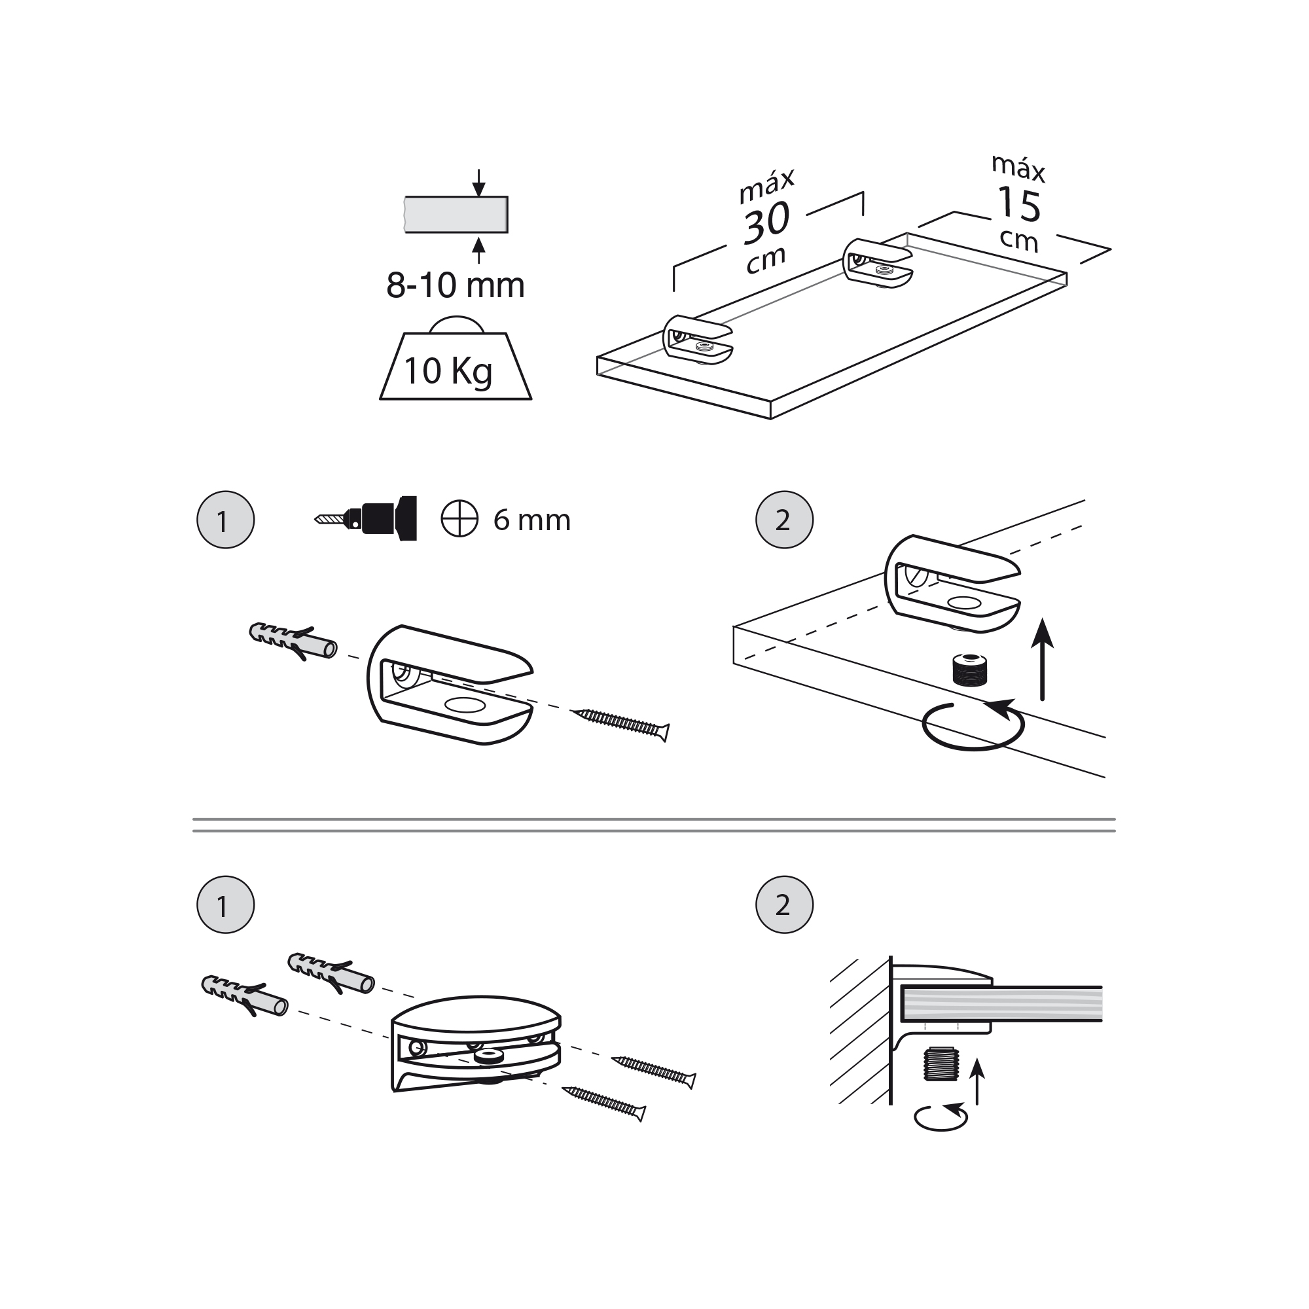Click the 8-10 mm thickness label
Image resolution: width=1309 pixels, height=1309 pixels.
[x=456, y=285]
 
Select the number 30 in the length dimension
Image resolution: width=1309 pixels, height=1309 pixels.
[x=766, y=223]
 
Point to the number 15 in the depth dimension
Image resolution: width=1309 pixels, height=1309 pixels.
[x=1018, y=206]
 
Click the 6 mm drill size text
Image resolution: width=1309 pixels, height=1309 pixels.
[x=532, y=520]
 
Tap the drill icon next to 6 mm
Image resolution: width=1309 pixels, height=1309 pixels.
[x=369, y=518]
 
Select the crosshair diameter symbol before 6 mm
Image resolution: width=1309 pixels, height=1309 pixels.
[x=459, y=520]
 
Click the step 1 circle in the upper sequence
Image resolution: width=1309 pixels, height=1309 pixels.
[x=225, y=520]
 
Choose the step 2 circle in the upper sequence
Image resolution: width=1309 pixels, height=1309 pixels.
[x=784, y=520]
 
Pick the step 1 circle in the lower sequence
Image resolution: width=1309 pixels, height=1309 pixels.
[x=225, y=905]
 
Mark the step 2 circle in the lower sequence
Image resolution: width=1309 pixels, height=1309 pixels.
[x=784, y=905]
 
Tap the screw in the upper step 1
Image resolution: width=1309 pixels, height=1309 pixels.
[x=620, y=723]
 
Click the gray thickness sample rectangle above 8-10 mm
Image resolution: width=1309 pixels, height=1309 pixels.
[x=456, y=214]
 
